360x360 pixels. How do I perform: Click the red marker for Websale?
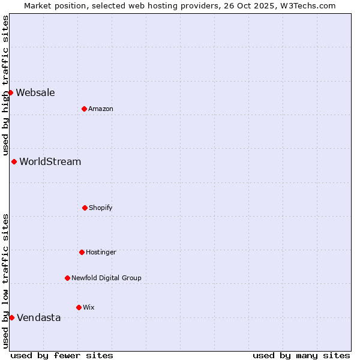[x=11, y=92]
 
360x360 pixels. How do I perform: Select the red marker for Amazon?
[x=85, y=109]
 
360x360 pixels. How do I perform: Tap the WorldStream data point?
[x=14, y=161]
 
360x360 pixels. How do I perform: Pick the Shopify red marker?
[x=85, y=208]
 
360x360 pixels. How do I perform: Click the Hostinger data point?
[x=82, y=252]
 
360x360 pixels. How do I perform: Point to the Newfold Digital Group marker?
[x=67, y=278]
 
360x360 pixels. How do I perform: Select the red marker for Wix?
[x=79, y=307]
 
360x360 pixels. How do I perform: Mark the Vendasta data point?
[x=11, y=317]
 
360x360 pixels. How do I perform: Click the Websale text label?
[x=35, y=92]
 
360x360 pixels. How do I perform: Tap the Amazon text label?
[x=101, y=109]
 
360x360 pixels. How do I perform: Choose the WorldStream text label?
[x=50, y=161]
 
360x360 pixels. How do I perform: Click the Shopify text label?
[x=101, y=208]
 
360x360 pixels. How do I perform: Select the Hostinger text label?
[x=101, y=252]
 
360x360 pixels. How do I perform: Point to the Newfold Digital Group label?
[x=107, y=278]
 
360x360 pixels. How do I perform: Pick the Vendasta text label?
[x=39, y=317]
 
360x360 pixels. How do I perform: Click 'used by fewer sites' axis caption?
[x=62, y=356]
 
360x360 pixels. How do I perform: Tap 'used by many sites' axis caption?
[x=301, y=356]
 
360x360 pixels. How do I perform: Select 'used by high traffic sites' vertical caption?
[x=5, y=86]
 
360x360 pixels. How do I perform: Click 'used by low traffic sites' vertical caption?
[x=5, y=281]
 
